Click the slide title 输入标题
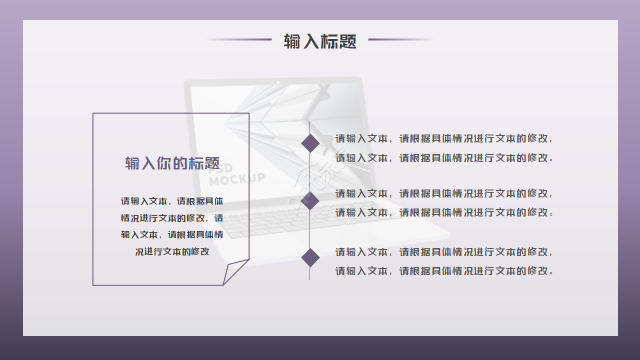320,41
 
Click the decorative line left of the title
239,39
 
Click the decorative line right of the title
401,39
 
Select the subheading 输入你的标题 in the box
172,163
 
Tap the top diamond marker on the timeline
310,143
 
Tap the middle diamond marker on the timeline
310,200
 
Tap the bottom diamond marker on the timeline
310,257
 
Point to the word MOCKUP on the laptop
237,178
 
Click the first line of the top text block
444,138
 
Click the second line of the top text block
444,158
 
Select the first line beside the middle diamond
444,193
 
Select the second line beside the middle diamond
444,212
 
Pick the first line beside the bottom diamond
444,252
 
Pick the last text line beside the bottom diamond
444,271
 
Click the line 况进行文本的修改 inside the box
172,252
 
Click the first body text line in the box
172,201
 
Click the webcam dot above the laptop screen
278,82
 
